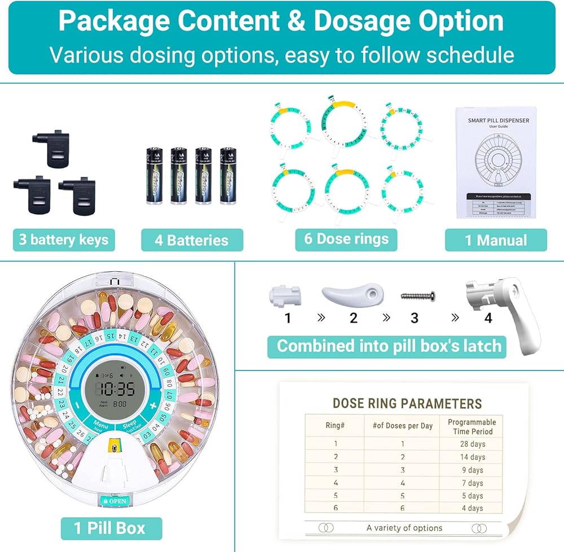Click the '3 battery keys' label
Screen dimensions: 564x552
coord(64,240)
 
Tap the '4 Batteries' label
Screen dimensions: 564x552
coord(192,240)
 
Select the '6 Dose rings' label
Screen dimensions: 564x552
coord(346,239)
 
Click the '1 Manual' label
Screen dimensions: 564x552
coord(496,240)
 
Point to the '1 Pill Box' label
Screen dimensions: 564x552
coord(111,528)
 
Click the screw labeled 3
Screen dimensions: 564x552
coord(417,295)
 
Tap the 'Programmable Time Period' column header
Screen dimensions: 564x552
coord(472,426)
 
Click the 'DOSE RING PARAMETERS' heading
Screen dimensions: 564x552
coord(407,403)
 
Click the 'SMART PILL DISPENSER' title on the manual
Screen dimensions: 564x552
coord(499,120)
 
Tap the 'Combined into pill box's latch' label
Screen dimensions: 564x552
coord(389,346)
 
